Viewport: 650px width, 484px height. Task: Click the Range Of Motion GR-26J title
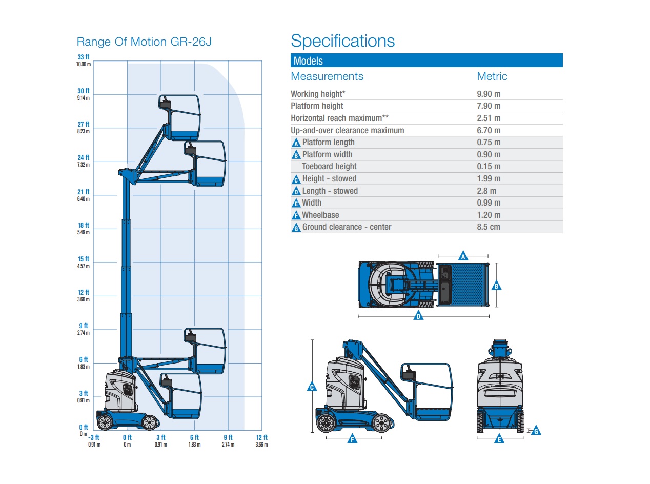click(144, 42)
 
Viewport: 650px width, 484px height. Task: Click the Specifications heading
click(342, 41)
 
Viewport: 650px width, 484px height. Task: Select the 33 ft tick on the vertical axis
click(84, 57)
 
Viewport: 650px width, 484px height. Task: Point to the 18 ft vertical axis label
click(84, 226)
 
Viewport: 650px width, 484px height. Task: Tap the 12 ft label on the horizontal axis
click(261, 437)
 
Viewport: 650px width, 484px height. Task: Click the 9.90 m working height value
click(489, 94)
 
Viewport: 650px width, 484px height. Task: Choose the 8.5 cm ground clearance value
click(488, 227)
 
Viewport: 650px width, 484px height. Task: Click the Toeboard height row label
click(329, 166)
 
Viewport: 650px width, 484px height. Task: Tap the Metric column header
click(492, 76)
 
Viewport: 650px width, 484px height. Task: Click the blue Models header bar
click(426, 60)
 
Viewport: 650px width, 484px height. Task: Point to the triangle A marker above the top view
click(463, 256)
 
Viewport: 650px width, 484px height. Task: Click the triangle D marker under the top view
click(419, 316)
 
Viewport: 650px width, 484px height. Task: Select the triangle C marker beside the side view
click(312, 387)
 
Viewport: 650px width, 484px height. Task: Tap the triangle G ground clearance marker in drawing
click(536, 431)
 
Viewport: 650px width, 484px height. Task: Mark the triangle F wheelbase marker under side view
click(352, 439)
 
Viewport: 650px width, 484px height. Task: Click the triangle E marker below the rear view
click(499, 439)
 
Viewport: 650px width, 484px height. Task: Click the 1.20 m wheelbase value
click(489, 215)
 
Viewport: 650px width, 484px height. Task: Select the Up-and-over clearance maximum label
click(347, 130)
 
